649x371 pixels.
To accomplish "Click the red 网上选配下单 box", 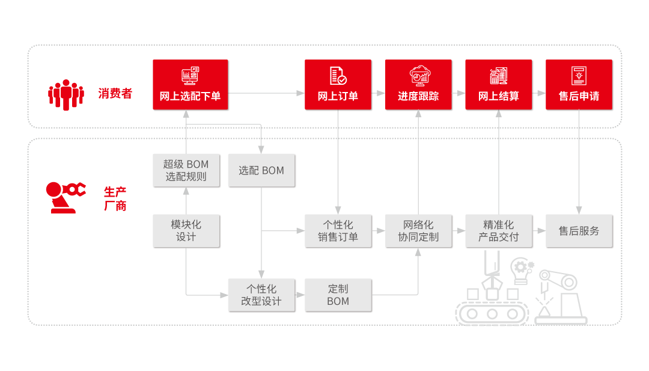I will (x=190, y=85).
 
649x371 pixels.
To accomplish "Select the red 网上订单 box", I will (x=338, y=85).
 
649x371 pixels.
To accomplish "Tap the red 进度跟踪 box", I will (x=418, y=85).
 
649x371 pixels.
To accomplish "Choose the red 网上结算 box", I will (x=499, y=85).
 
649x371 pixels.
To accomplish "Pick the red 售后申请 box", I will (x=579, y=85).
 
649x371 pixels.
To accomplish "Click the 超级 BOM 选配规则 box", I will (x=186, y=170).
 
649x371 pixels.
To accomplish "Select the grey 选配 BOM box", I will (x=261, y=170).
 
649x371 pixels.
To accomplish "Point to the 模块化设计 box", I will (x=186, y=230).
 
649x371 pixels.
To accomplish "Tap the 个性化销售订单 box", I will (x=338, y=230).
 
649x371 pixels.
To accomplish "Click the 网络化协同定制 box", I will (x=418, y=230).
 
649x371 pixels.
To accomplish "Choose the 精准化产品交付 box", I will (x=499, y=230).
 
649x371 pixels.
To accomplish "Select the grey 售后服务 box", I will (x=579, y=230).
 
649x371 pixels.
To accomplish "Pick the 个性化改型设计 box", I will (x=261, y=295).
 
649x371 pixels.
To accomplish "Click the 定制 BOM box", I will (x=338, y=295).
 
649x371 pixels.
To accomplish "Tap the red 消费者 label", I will (x=115, y=93).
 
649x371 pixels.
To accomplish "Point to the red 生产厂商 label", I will (x=115, y=198).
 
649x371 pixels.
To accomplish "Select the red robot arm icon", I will (x=65, y=197).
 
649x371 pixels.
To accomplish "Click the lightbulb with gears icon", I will (x=522, y=271).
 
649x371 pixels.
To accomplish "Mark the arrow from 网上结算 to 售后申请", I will (x=539, y=93).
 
